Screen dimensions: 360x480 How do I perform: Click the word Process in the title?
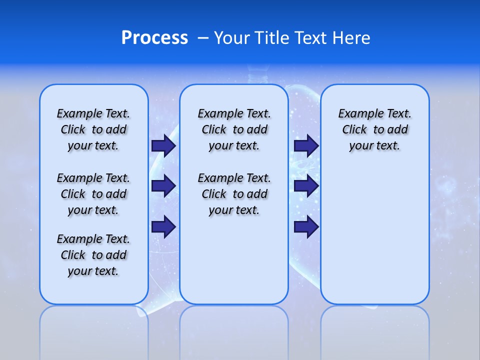pos(154,37)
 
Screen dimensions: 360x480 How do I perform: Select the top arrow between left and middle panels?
pos(163,145)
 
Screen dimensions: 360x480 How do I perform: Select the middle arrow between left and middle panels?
pos(163,186)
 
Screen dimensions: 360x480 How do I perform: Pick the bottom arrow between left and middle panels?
pos(163,226)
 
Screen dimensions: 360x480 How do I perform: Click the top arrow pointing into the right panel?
pos(306,145)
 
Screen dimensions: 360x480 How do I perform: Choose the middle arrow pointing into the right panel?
pos(306,186)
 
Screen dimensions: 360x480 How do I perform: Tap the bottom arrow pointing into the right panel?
pos(306,226)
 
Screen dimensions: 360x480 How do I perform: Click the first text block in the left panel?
pos(93,129)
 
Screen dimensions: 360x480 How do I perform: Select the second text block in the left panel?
pos(93,194)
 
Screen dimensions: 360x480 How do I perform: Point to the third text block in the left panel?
pos(93,255)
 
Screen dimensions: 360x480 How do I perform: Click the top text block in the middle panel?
pos(234,129)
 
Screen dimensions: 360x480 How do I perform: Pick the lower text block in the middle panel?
pos(234,194)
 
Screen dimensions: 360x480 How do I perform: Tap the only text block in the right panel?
pos(374,129)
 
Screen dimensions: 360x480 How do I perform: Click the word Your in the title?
pos(232,37)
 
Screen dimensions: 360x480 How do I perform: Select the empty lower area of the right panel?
pos(374,235)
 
